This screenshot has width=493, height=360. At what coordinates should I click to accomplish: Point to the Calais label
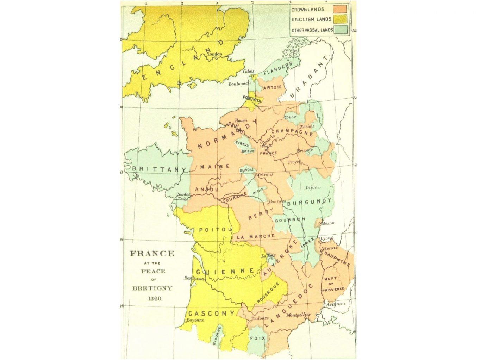(248, 71)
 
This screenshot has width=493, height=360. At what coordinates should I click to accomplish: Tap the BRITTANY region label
(159, 169)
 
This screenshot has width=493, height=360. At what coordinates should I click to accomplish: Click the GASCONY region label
(211, 313)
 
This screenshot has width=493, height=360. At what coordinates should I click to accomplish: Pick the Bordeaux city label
(194, 278)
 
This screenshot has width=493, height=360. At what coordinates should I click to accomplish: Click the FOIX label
(257, 338)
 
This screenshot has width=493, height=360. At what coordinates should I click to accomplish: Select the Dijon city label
(312, 187)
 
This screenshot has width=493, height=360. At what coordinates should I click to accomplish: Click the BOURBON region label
(289, 219)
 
